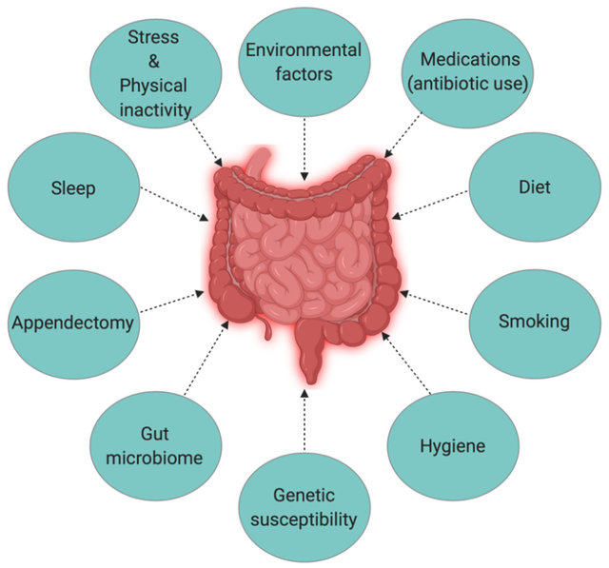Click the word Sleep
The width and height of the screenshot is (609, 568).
click(x=73, y=188)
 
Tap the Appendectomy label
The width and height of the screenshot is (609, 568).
click(x=73, y=323)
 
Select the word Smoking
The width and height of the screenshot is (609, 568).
click(x=534, y=322)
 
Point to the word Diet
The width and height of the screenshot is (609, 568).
click(x=535, y=187)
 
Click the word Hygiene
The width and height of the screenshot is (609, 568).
click(x=453, y=446)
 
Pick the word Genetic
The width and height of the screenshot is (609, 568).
click(x=304, y=495)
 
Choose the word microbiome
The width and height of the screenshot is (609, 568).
click(x=154, y=459)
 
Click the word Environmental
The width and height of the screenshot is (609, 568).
click(x=304, y=50)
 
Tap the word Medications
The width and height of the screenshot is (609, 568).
click(x=470, y=59)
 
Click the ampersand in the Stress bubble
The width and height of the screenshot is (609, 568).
click(x=154, y=61)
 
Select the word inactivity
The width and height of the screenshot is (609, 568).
click(x=155, y=109)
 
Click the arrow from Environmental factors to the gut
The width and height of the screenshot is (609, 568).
click(x=304, y=149)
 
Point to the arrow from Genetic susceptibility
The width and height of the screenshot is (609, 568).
click(x=304, y=420)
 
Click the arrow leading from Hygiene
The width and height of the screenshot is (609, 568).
click(x=406, y=362)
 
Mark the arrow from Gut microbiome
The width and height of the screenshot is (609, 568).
click(x=206, y=358)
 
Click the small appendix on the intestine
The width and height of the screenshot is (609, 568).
click(x=266, y=328)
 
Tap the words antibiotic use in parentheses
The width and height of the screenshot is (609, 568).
click(x=470, y=84)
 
